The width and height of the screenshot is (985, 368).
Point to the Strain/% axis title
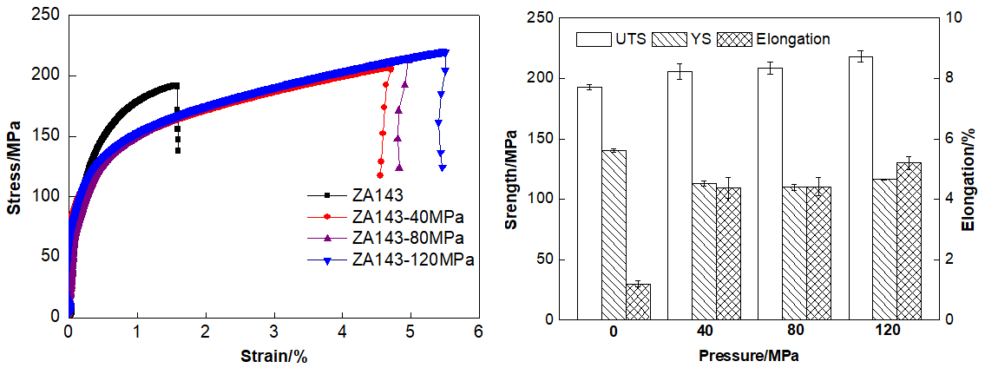click(273, 355)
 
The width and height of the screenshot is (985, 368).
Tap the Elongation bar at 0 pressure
click(638, 301)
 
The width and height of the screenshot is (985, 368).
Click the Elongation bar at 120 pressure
click(909, 240)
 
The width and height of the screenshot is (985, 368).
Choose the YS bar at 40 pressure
click(704, 251)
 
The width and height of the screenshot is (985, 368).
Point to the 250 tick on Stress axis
click(49, 15)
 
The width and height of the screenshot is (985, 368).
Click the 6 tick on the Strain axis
click(478, 332)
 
